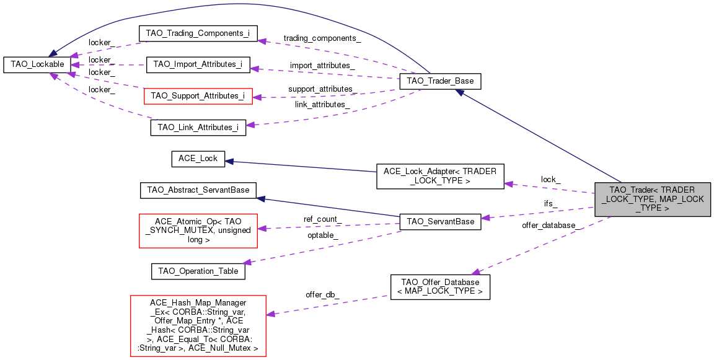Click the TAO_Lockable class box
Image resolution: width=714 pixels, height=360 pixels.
[x=35, y=64]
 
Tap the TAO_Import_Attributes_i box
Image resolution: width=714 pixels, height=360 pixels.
[x=198, y=64]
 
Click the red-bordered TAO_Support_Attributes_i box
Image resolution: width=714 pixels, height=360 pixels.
[x=198, y=96]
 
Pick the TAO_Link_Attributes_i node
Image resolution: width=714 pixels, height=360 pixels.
[x=198, y=128]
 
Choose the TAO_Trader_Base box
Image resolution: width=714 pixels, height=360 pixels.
[x=440, y=81]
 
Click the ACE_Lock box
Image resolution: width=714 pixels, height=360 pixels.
[x=198, y=159]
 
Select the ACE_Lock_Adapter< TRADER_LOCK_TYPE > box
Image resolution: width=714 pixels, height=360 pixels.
[x=440, y=176]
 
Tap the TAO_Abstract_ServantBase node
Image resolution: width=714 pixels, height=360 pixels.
[x=198, y=190]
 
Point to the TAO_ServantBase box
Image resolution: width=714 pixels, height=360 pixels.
[x=440, y=221]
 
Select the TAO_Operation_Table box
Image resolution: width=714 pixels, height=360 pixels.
[x=198, y=271]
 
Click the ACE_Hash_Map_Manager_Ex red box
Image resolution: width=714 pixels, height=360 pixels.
[x=198, y=326]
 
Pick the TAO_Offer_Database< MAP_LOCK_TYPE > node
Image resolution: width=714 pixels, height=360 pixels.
[x=440, y=287]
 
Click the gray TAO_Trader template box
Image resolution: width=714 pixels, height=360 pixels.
[x=652, y=199]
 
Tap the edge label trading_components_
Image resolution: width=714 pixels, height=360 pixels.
[x=322, y=38]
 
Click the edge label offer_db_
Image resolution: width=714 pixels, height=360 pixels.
[x=322, y=295]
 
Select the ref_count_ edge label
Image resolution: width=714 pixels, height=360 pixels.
[x=322, y=219]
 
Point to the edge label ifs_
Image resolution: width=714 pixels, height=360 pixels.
[x=550, y=204]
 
